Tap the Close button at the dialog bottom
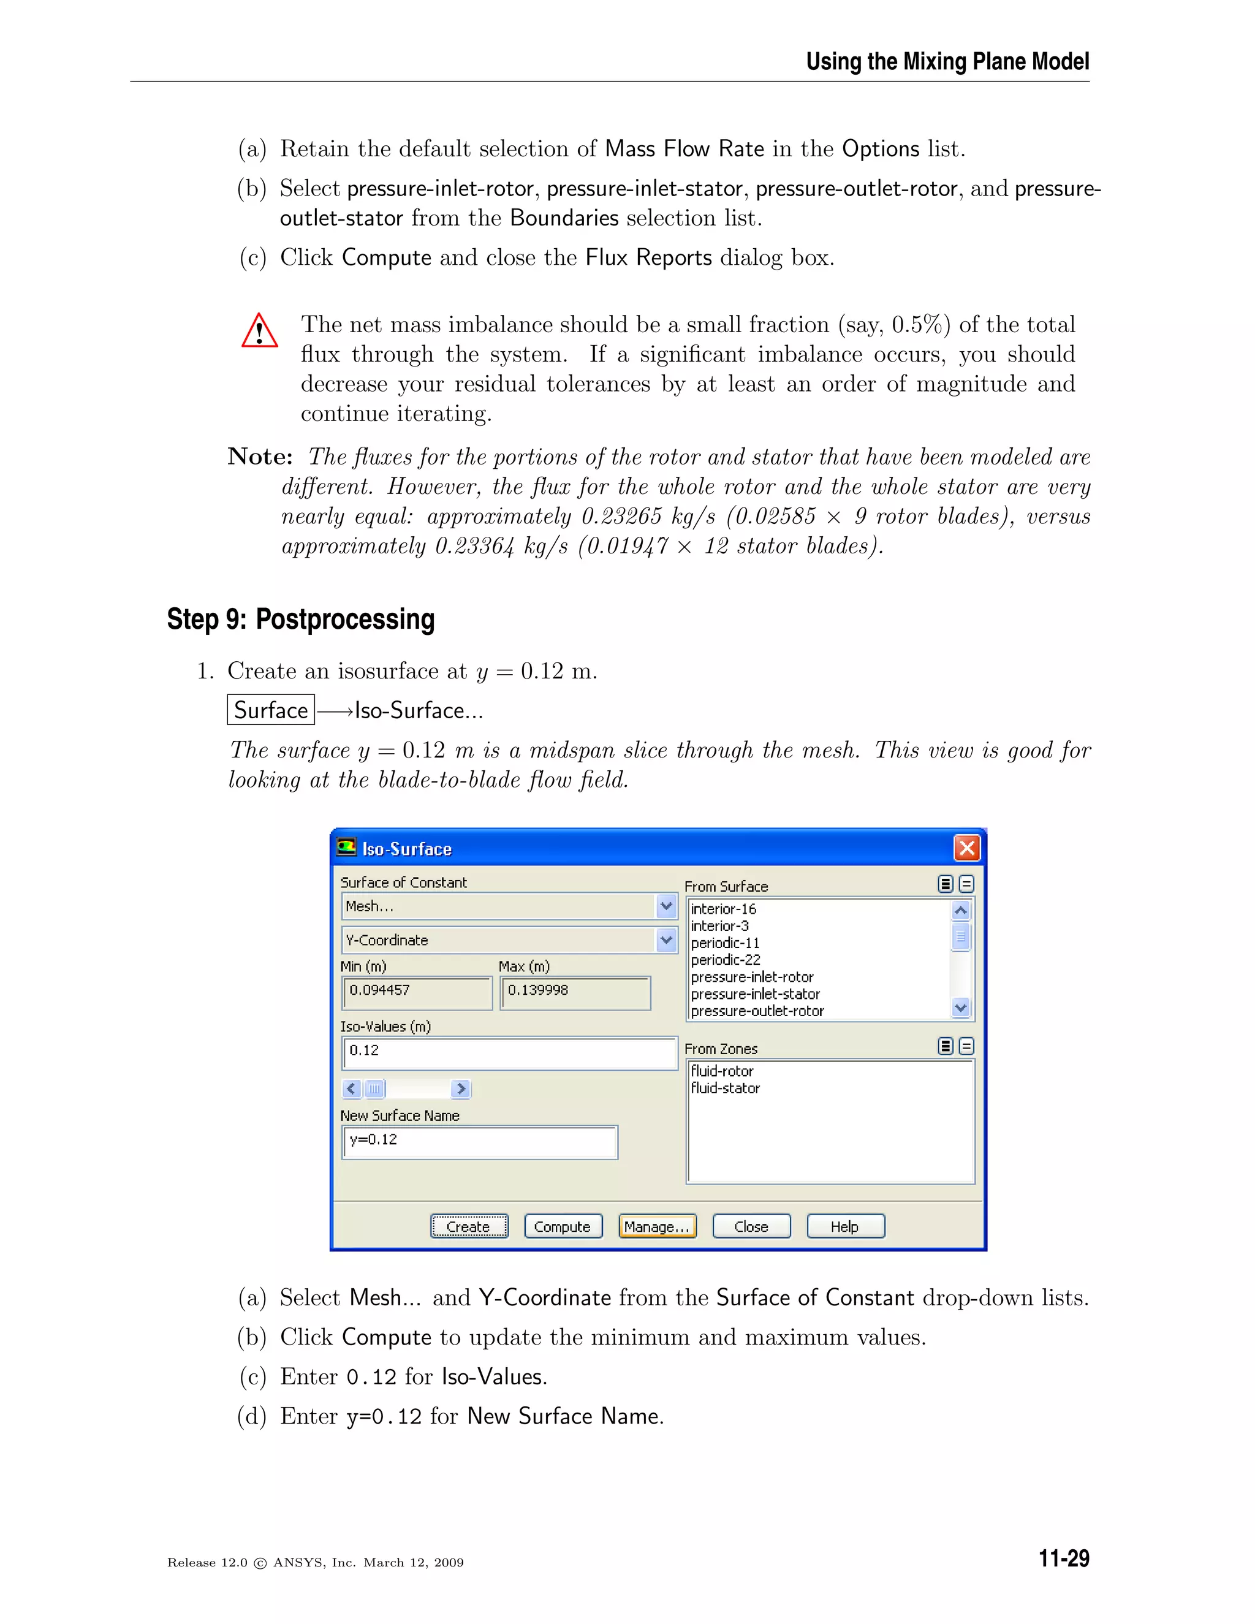pos(751,1226)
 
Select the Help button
pos(845,1226)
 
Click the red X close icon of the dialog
pos(966,848)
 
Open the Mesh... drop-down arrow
pos(666,906)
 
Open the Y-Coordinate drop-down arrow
pos(666,940)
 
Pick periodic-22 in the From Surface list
pos(726,960)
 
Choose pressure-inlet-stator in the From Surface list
pos(756,994)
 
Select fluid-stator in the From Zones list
pos(726,1088)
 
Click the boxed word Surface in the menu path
pos(271,710)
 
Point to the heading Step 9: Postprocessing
pos(300,620)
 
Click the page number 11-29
pos(1063,1558)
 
